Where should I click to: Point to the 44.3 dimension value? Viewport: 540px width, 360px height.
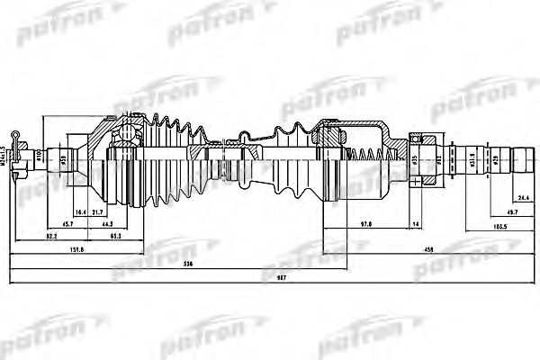pos(108,223)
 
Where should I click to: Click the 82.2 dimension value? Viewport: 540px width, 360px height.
pos(51,236)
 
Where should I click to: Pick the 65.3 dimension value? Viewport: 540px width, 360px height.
pos(116,236)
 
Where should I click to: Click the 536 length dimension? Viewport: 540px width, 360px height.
pos(186,263)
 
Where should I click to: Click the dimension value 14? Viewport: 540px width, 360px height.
pos(416,223)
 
